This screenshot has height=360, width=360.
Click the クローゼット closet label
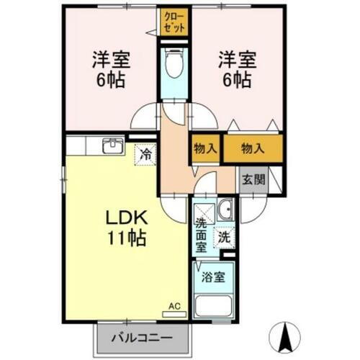point(174,22)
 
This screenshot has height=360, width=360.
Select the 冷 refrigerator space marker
point(145,153)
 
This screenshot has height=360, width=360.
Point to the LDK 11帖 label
point(127,227)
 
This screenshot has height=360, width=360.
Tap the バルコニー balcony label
point(142,337)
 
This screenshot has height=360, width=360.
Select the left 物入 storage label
point(205,148)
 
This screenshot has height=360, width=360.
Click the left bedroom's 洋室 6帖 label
point(109,68)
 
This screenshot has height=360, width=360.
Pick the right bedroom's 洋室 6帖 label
point(235,68)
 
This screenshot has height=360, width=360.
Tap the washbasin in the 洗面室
point(225,210)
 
